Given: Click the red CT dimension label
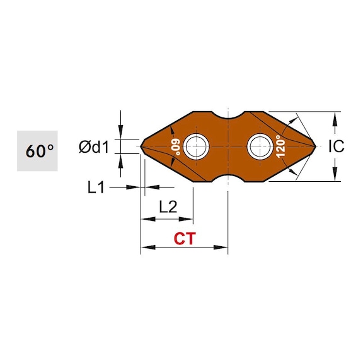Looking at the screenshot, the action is (185, 239).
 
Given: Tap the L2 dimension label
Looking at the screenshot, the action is (168, 207).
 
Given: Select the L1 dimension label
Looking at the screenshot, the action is (96, 187).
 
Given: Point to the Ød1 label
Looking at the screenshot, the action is (94, 147).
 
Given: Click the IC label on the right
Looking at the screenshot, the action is (337, 146).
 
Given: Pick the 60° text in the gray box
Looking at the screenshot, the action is (40, 151).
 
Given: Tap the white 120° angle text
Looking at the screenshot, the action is (280, 147).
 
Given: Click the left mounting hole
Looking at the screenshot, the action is (196, 146).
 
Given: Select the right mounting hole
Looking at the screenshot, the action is (260, 146).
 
